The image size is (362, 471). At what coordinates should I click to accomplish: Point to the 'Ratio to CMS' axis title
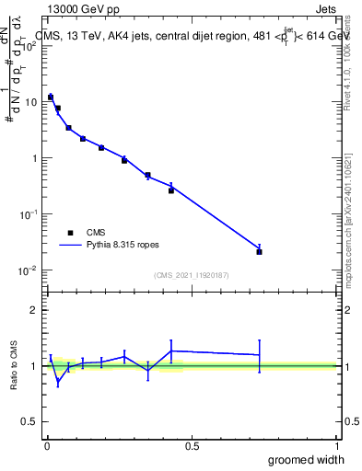click(14, 367)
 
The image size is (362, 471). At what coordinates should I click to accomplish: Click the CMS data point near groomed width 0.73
click(260, 251)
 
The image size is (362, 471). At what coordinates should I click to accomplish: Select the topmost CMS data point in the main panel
click(51, 97)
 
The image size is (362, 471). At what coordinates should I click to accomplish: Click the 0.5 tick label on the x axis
click(192, 446)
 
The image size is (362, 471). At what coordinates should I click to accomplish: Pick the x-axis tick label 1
click(337, 446)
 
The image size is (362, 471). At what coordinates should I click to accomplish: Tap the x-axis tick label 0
click(47, 446)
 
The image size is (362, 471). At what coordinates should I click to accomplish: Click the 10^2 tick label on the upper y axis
click(29, 46)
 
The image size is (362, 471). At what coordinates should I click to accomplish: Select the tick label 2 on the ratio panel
click(34, 310)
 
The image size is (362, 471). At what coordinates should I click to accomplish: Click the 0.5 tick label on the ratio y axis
click(29, 422)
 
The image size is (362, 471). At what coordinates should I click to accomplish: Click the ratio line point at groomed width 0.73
click(260, 354)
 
